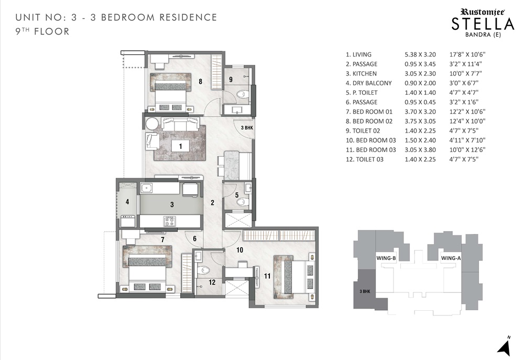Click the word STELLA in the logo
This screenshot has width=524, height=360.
pos(483,24)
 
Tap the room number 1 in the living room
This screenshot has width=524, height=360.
pos(180,146)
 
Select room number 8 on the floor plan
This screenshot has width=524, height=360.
pos(200,81)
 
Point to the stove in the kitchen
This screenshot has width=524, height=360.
pos(169,221)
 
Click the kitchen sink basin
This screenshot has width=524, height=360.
pos(146,188)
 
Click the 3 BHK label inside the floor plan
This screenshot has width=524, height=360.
pos(247,128)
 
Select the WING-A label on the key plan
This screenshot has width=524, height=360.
pos(451,258)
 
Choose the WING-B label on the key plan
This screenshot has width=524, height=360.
pos(386,258)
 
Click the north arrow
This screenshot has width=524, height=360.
pos(504,346)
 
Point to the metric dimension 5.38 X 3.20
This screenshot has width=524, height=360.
pos(420,54)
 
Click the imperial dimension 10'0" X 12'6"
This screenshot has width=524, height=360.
pos(467,150)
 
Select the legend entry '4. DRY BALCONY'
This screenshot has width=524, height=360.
pos(368,83)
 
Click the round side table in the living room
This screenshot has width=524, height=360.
pos(152,123)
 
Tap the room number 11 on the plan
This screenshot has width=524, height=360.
pos(267,276)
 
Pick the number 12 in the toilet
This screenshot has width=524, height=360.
pos(212,282)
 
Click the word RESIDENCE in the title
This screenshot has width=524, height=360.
pos(188,17)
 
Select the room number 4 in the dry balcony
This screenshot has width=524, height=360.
pos(127,202)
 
